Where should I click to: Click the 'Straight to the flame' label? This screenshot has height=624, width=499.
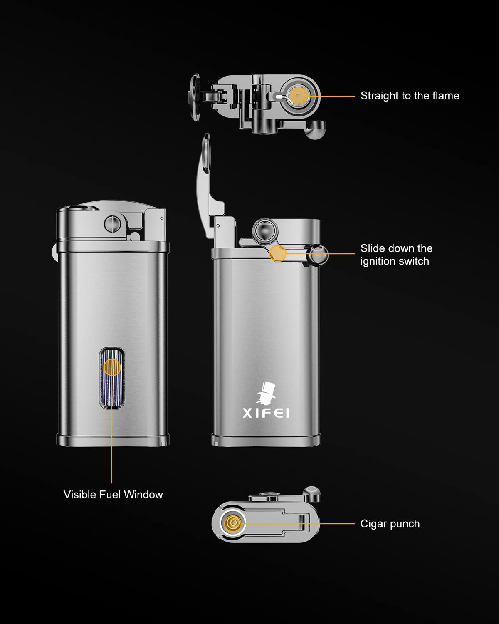tap(410, 96)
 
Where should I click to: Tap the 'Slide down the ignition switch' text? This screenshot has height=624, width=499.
tap(396, 255)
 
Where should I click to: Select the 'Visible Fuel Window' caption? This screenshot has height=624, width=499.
tap(113, 495)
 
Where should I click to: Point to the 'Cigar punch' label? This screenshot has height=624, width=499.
tap(390, 524)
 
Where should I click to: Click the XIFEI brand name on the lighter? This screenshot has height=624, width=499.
tap(266, 413)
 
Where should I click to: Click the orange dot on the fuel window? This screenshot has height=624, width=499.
tap(112, 367)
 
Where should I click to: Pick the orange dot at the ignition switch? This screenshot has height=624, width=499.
tap(278, 253)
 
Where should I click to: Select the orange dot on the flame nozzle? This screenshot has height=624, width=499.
tap(299, 96)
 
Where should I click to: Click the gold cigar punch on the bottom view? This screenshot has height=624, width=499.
tap(233, 522)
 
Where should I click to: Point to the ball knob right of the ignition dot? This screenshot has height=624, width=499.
tap(317, 255)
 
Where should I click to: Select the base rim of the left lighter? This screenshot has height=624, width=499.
tap(113, 440)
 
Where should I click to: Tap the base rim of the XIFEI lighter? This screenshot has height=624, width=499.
tap(266, 440)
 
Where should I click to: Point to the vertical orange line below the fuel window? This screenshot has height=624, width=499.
tap(112, 445)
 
